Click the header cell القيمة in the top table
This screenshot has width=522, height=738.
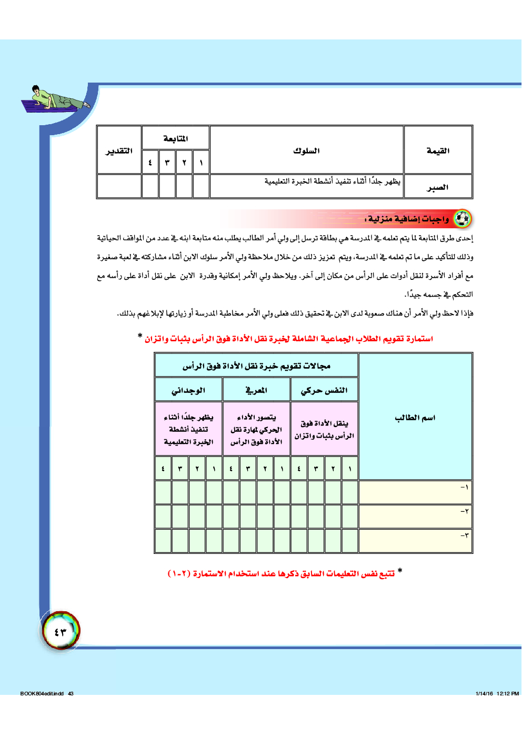pos(438,151)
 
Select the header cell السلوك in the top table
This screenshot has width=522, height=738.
pos(306,151)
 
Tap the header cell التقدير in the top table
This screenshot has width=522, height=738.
pos(119,151)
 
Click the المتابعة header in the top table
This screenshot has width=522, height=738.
pos(176,138)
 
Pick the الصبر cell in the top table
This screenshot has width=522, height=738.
pos(438,187)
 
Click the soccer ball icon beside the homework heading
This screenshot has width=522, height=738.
pos(462,218)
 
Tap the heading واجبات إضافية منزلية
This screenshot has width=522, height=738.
pos(407,219)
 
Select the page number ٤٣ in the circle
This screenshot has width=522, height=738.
pos(61,631)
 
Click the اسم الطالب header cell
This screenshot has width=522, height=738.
pos(415,418)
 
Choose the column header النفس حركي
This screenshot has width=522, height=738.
pos(324,390)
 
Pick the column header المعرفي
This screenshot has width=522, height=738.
pos(256,390)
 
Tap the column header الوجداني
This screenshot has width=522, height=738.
pos(188,390)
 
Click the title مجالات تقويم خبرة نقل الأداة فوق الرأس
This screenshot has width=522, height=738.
pos(256,366)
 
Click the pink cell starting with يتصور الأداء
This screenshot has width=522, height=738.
pos(256,429)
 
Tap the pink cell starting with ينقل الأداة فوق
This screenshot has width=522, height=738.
pos(324,429)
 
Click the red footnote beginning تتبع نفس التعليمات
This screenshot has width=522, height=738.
pos(284,573)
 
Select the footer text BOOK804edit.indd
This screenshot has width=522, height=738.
pos(42,693)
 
